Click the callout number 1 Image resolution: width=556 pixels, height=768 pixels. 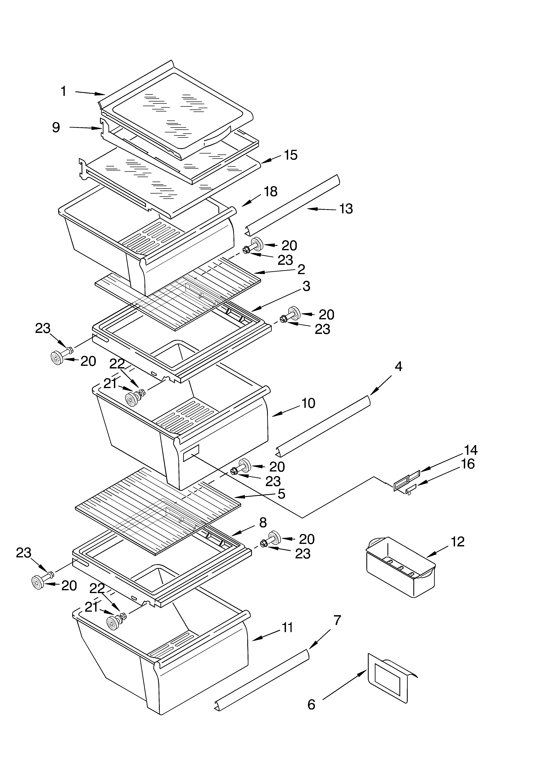[x=63, y=91]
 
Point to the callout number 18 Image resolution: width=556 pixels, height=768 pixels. [x=271, y=192]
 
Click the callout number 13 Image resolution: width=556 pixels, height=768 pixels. [x=346, y=209]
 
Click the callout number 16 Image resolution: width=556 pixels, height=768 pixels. [x=468, y=464]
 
